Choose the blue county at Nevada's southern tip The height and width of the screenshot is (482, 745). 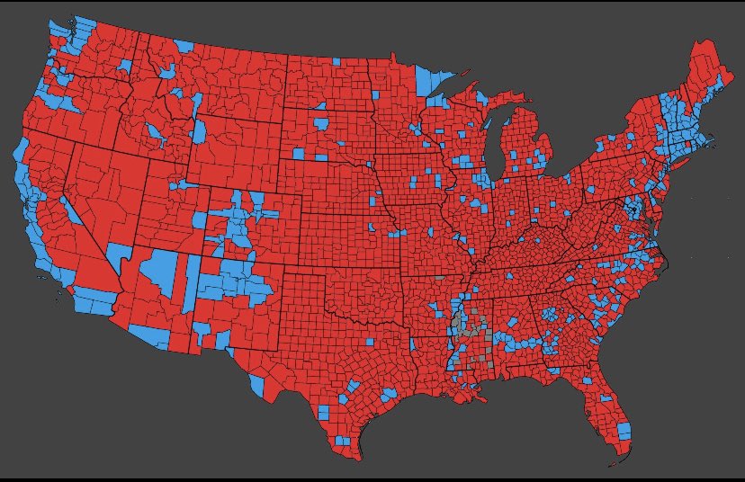(117, 257)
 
